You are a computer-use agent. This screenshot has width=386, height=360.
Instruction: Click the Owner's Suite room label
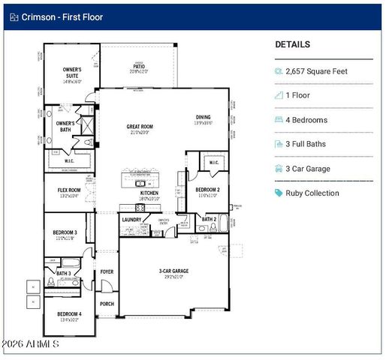(x=71, y=73)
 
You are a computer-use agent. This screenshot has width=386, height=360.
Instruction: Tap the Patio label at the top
(x=139, y=67)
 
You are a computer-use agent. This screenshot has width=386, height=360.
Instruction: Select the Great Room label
(x=140, y=127)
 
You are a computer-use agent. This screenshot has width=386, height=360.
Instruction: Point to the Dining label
(x=203, y=117)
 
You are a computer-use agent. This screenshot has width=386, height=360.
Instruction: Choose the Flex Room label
(x=68, y=190)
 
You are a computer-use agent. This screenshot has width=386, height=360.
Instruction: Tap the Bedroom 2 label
(x=207, y=190)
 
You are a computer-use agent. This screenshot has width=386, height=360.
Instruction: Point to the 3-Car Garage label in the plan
(x=173, y=271)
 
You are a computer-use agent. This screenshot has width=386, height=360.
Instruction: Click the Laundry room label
(x=131, y=220)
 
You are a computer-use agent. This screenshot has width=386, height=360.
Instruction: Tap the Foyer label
(x=107, y=272)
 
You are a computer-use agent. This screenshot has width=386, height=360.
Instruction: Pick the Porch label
(x=107, y=304)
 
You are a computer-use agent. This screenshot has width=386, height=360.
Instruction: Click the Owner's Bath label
(x=65, y=123)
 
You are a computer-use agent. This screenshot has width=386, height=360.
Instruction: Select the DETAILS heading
(x=292, y=44)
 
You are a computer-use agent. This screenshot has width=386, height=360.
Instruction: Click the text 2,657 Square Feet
(x=316, y=71)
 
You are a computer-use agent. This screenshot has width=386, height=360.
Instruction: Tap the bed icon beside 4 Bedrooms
(x=279, y=120)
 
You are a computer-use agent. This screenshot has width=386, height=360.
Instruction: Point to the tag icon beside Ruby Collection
(x=279, y=193)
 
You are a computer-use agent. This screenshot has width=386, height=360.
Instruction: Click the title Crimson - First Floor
(x=62, y=16)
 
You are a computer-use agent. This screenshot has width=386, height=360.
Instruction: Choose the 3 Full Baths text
(x=308, y=144)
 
